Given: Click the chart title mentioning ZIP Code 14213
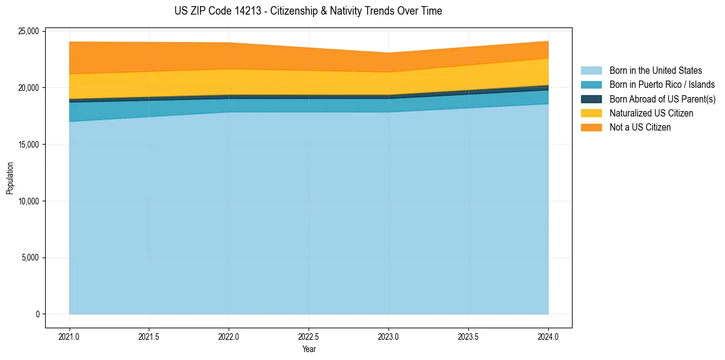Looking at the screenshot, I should (x=309, y=11).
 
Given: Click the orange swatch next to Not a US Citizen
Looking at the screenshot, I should (x=591, y=128).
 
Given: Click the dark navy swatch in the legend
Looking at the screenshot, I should (x=591, y=99).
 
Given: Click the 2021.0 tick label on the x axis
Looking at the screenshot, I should (x=70, y=336).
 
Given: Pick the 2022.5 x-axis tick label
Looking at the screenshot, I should (x=309, y=336).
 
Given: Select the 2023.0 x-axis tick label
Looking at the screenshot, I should (x=388, y=336).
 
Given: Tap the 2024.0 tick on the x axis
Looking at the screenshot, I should (x=548, y=336).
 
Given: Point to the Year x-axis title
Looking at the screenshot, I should (x=309, y=350).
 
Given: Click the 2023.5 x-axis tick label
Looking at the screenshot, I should (x=468, y=336).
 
